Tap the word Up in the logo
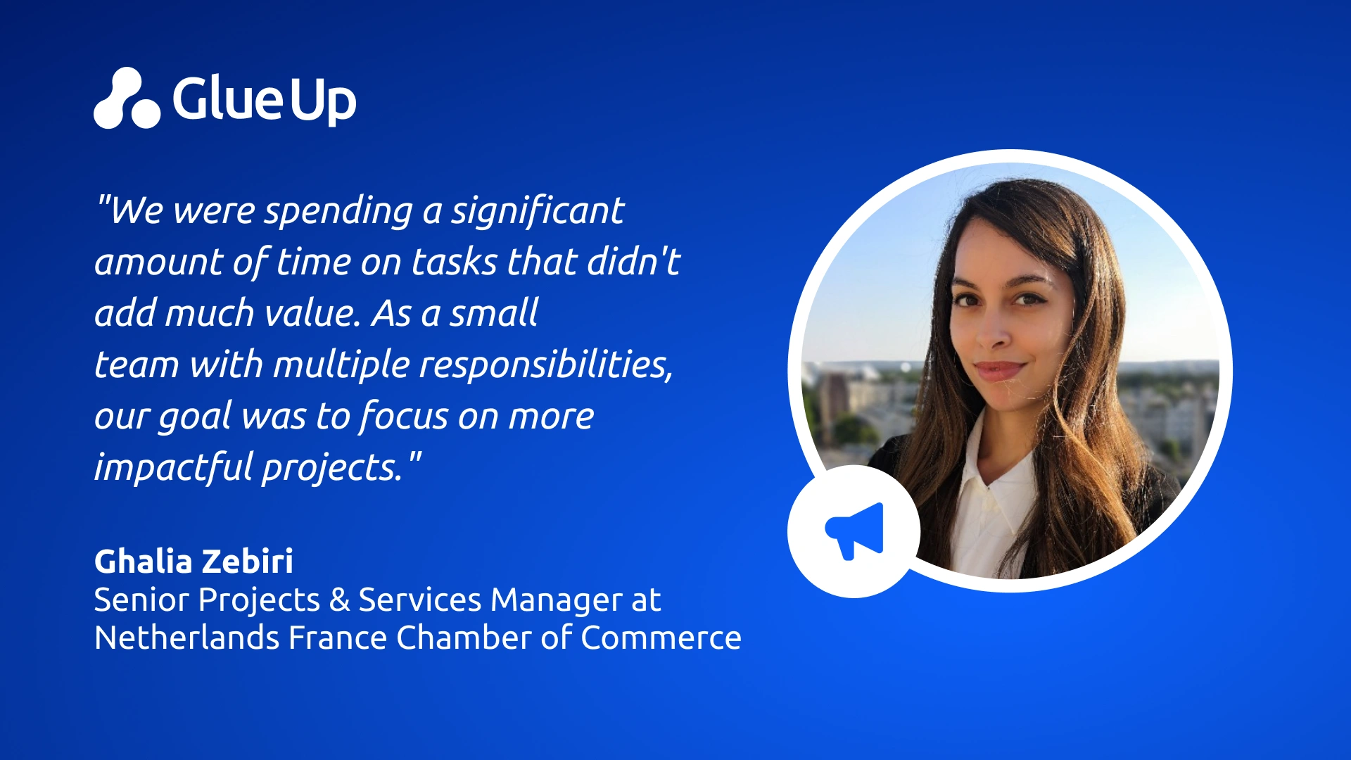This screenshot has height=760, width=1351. pos(323,102)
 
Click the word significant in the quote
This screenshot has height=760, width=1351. pos(538,211)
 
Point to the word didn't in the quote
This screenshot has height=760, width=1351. pos(633,261)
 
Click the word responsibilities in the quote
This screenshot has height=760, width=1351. pos(545,365)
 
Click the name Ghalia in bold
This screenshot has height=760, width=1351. pos(143,562)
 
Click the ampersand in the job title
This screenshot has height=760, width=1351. pos(339,600)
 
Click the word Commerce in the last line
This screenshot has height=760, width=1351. pos(661,638)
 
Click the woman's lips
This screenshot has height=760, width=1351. pos(999,369)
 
